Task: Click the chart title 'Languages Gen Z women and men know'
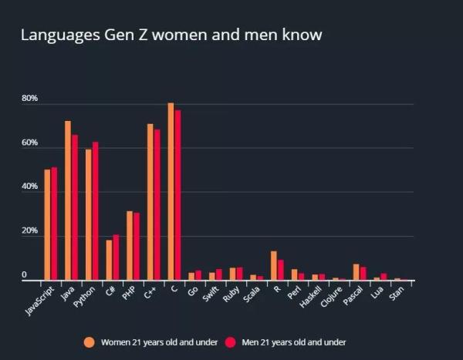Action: pyautogui.click(x=171, y=35)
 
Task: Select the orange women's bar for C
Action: pyautogui.click(x=171, y=192)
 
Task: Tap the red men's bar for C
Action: pyautogui.click(x=177, y=196)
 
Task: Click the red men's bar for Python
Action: pyautogui.click(x=95, y=211)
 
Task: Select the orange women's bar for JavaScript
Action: pyautogui.click(x=47, y=225)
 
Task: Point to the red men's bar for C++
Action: pyautogui.click(x=157, y=205)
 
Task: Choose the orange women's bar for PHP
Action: pyautogui.click(x=130, y=246)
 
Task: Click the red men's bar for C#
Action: pyautogui.click(x=116, y=257)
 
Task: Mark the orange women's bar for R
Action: pyautogui.click(x=273, y=266)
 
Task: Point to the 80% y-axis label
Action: pyautogui.click(x=29, y=99)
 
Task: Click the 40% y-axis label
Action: pyautogui.click(x=29, y=187)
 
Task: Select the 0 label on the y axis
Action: pyautogui.click(x=24, y=275)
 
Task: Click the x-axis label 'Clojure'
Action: pyautogui.click(x=330, y=298)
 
